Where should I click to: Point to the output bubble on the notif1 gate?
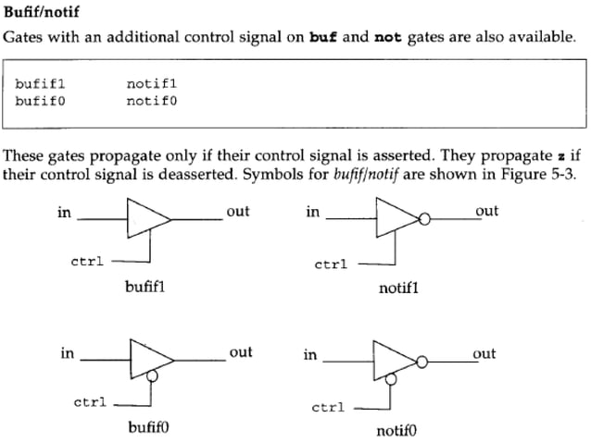click(424, 220)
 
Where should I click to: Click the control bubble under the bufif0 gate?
click(152, 376)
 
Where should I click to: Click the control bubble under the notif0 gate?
click(395, 378)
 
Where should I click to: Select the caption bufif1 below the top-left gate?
click(145, 287)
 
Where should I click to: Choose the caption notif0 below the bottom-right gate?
click(397, 431)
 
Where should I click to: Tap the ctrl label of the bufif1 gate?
click(87, 262)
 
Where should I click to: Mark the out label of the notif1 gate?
click(486, 211)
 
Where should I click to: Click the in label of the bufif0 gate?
click(67, 352)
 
